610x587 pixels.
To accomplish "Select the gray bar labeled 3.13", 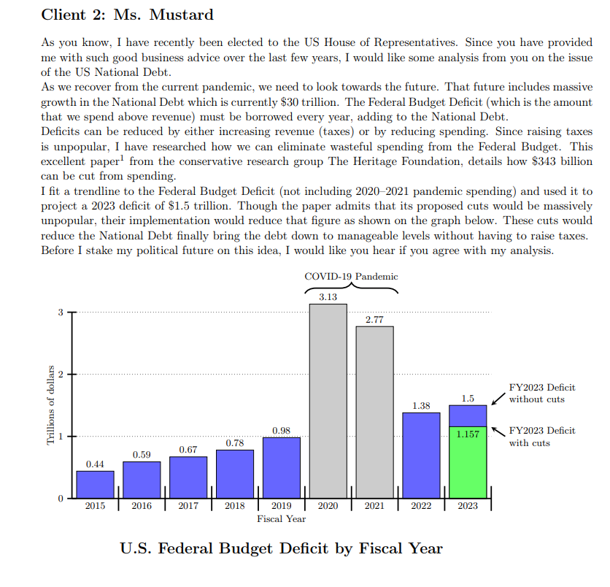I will coord(328,402).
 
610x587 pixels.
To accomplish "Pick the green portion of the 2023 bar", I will coord(468,467).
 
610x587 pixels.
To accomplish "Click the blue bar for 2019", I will coord(282,467).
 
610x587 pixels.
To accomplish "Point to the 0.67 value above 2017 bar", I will coord(188,450).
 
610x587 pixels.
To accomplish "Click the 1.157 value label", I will coord(468,434).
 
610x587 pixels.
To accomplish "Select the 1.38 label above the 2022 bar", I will coord(421,405).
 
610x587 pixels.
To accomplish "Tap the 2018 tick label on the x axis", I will coord(235,505).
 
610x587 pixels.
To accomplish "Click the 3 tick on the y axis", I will coord(61,312).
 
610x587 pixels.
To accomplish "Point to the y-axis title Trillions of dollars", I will coord(51,404).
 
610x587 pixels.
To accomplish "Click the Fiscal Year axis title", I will coord(281,519).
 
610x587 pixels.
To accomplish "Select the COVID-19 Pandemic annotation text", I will coord(351,277).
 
